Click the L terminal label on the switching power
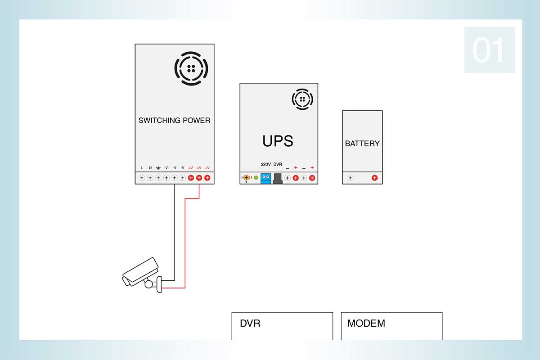(x=141, y=168)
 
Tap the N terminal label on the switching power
(x=150, y=168)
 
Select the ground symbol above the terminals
(x=158, y=167)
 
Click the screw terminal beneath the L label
(x=142, y=178)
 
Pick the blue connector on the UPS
(x=265, y=179)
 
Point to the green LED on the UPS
(x=256, y=178)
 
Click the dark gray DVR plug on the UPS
(x=278, y=179)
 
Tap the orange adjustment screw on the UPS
(x=246, y=178)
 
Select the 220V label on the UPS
(x=265, y=164)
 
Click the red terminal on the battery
(x=374, y=178)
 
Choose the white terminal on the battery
(x=350, y=178)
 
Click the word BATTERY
(x=362, y=144)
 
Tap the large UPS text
(x=278, y=141)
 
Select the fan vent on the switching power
(x=191, y=68)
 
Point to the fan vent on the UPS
(x=302, y=99)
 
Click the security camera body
(x=140, y=272)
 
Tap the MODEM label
(x=366, y=324)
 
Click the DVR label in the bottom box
(x=250, y=324)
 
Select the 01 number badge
(x=490, y=49)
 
